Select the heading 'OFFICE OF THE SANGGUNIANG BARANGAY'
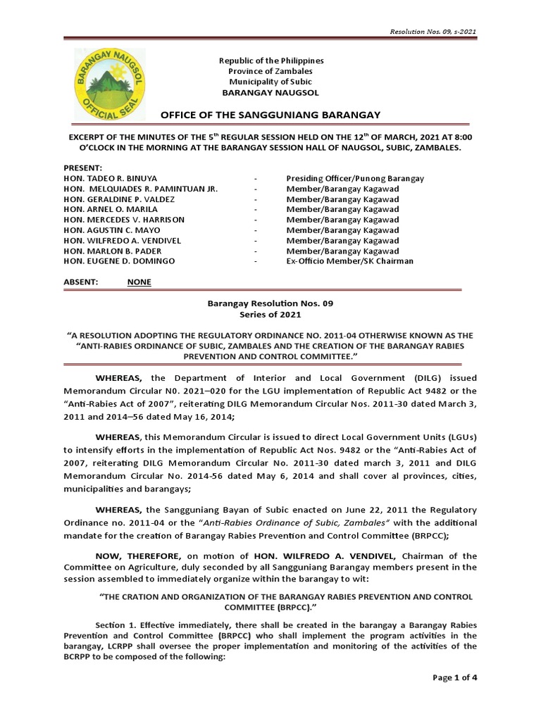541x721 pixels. coord(270,115)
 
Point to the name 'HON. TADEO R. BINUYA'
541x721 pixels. coord(110,179)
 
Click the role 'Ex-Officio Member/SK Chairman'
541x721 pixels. coord(349,261)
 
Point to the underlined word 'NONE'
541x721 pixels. coord(139,282)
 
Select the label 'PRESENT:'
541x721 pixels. coord(83,169)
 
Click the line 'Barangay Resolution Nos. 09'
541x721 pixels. coord(270,303)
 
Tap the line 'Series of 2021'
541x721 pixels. coord(270,314)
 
